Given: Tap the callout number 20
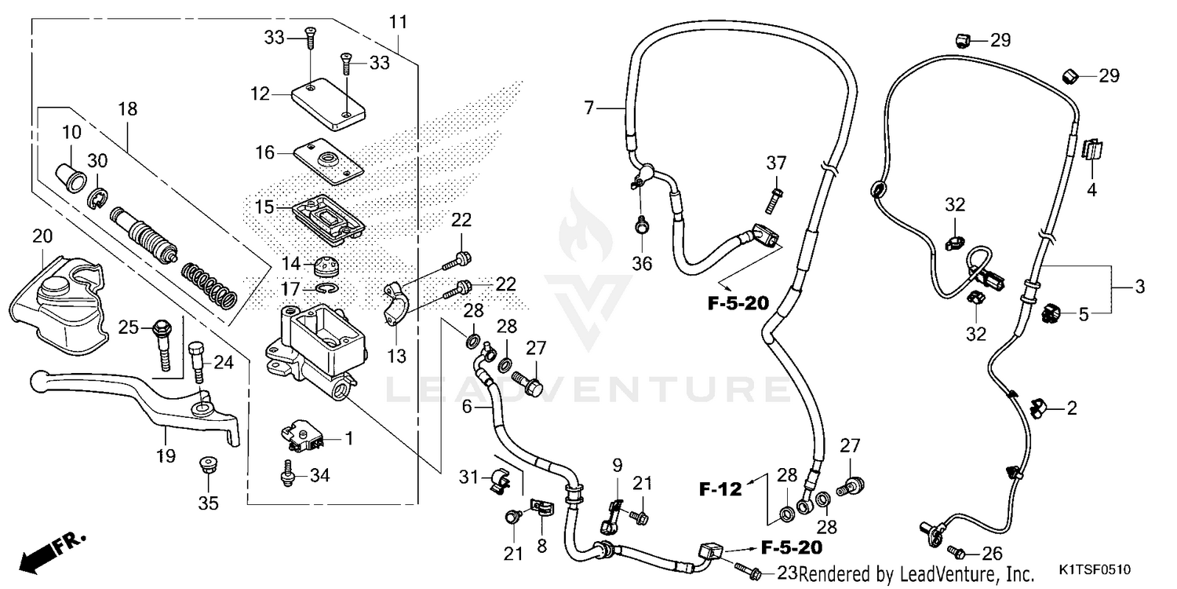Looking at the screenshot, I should pyautogui.click(x=42, y=236).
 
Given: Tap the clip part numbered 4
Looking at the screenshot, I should pyautogui.click(x=1091, y=149).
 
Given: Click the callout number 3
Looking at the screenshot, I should pyautogui.click(x=1139, y=287).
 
